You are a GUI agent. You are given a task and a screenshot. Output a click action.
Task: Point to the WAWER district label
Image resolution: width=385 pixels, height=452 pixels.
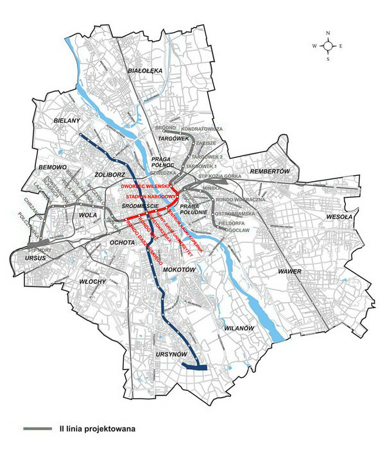(x=290, y=272)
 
